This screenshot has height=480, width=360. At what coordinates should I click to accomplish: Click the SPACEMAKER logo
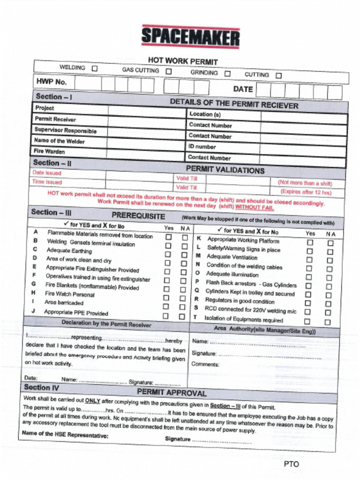click(190, 37)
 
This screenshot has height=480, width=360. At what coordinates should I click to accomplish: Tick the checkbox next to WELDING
click(94, 68)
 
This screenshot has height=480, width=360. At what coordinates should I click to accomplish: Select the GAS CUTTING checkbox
click(168, 72)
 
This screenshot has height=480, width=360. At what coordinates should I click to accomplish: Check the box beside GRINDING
click(227, 74)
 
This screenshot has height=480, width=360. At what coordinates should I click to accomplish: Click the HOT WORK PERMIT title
click(183, 61)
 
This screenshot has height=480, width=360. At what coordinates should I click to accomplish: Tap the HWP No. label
click(52, 82)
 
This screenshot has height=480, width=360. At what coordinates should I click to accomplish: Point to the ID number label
click(202, 147)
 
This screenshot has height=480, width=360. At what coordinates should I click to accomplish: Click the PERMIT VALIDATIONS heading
click(225, 170)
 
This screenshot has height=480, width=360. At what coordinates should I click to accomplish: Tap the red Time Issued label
click(47, 182)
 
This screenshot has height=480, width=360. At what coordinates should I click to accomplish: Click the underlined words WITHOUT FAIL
click(255, 207)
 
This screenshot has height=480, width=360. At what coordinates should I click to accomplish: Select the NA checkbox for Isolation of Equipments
click(327, 322)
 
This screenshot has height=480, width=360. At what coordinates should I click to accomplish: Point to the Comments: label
click(205, 364)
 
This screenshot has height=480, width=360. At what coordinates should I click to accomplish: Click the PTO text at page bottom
click(291, 464)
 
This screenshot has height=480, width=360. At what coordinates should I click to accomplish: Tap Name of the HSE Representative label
click(65, 434)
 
